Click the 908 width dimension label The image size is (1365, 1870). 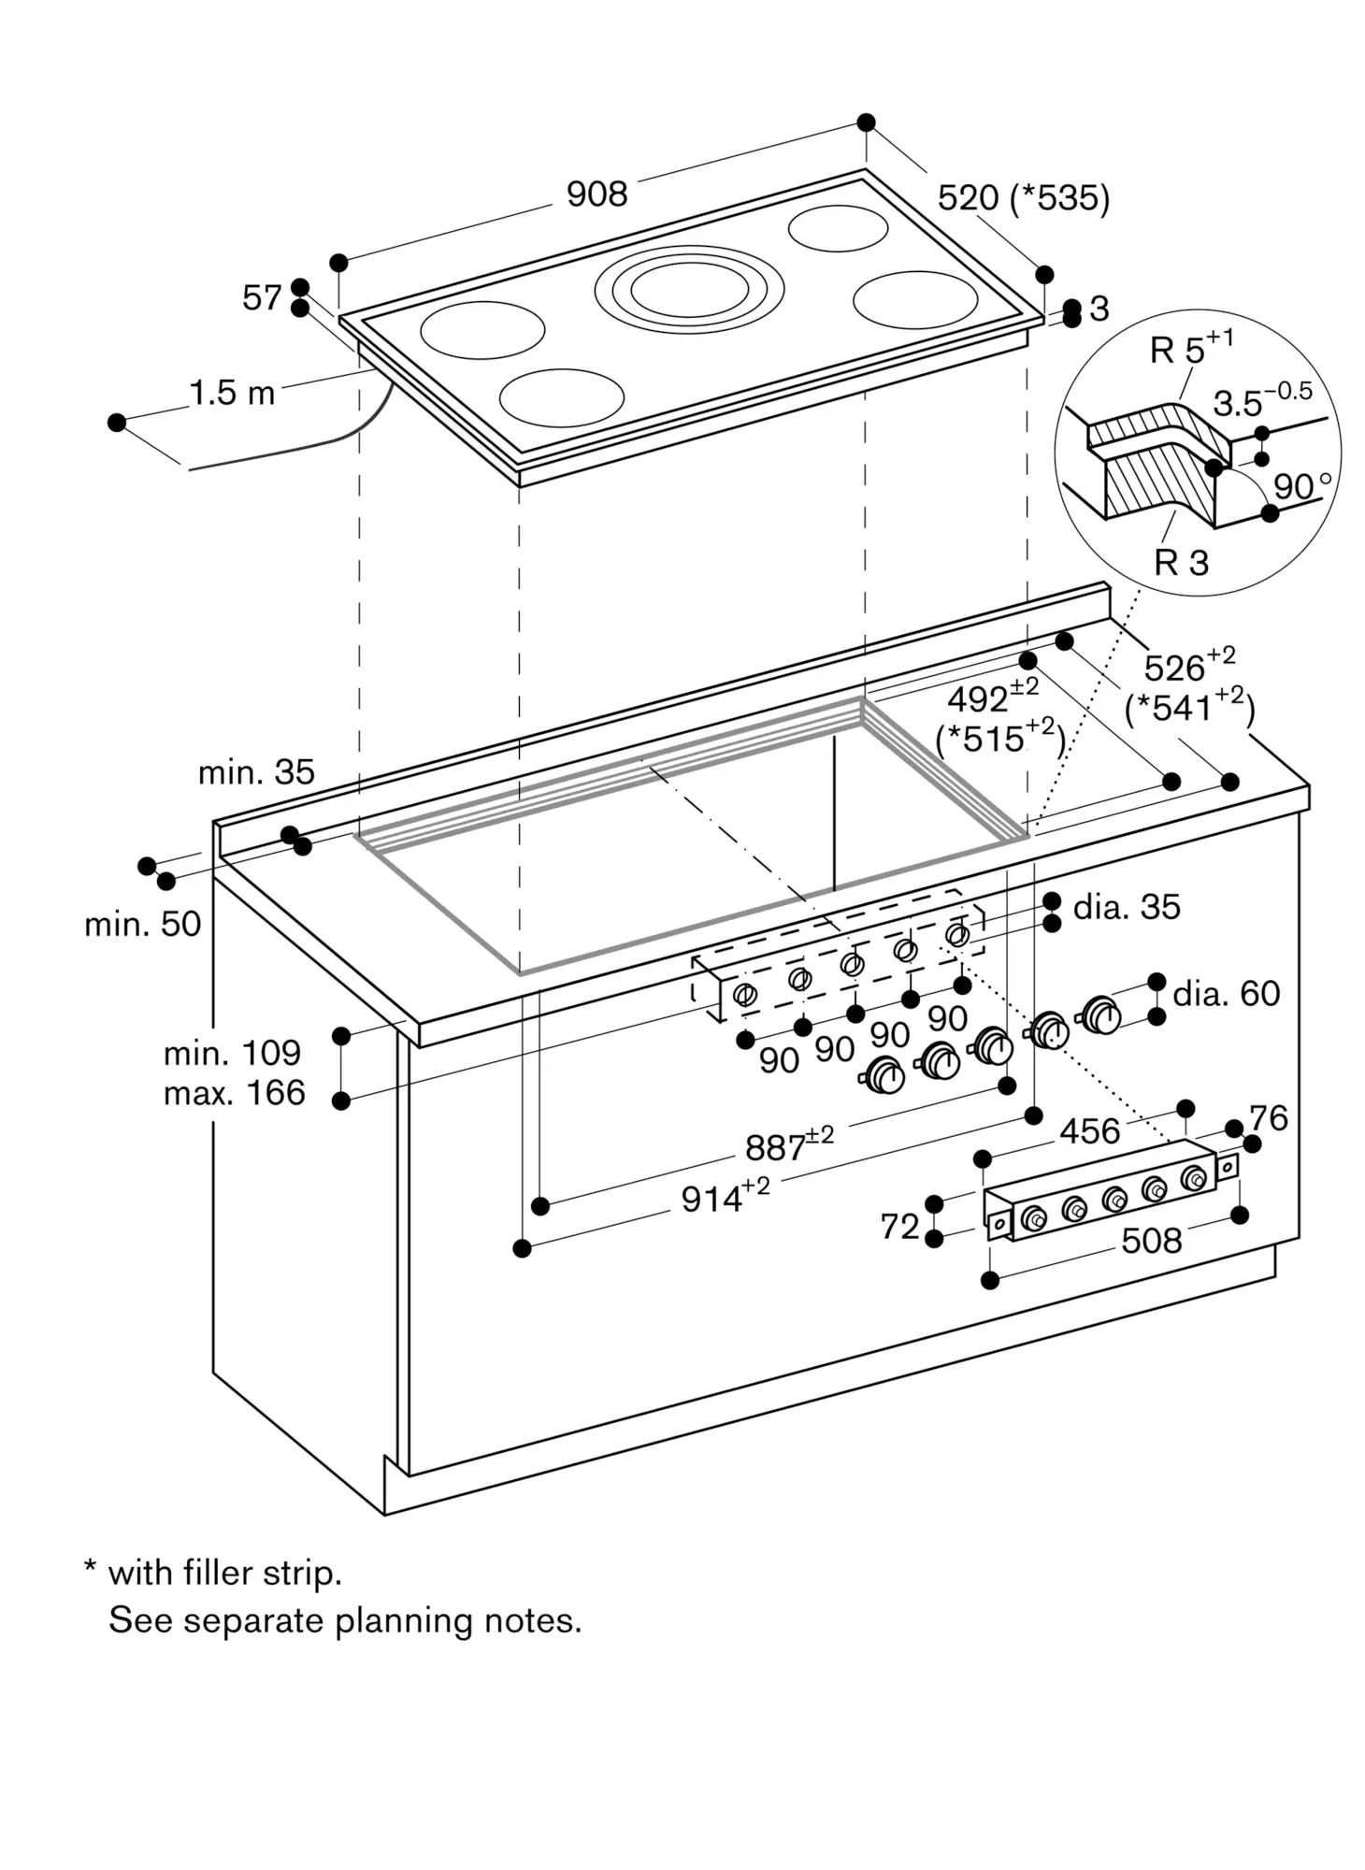tap(596, 194)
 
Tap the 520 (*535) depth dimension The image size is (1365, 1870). tap(1024, 198)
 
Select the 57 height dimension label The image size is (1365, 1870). tap(262, 297)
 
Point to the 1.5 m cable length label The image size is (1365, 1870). tap(233, 393)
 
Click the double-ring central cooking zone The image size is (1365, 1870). tap(689, 289)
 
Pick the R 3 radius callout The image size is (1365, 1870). tap(1182, 562)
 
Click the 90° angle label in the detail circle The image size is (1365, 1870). tap(1302, 486)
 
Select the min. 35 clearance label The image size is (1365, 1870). tap(256, 771)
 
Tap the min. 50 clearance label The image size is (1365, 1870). tap(143, 924)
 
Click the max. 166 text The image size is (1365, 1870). tap(235, 1092)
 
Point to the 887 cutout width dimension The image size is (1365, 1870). tap(789, 1144)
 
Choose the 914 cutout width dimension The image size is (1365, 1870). tap(726, 1196)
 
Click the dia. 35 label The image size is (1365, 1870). tap(1127, 906)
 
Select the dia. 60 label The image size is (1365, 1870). tap(1227, 993)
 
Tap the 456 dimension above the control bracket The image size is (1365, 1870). tap(1089, 1131)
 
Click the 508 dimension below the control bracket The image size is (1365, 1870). tap(1152, 1241)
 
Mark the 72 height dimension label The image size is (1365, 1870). tap(900, 1226)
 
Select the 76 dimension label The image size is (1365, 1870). tap(1269, 1117)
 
